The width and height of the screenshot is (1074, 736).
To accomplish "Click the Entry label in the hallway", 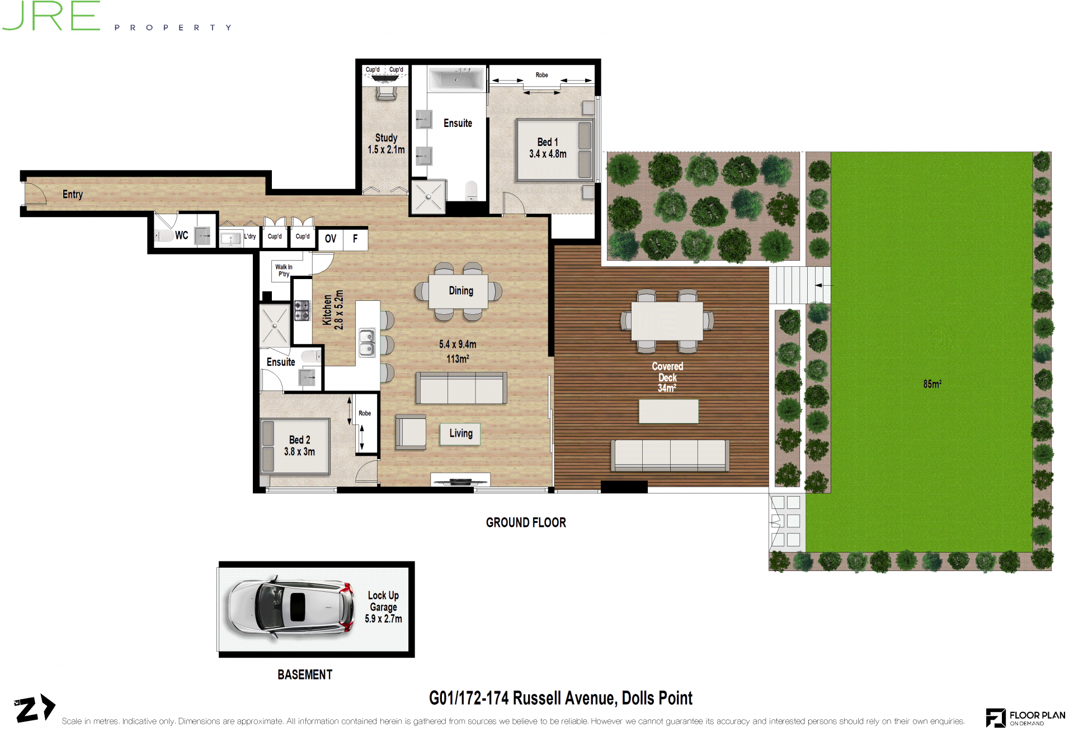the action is (73, 194).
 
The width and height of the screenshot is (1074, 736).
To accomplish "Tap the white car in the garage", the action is (290, 608).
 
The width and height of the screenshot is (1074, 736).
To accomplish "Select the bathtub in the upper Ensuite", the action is (456, 78).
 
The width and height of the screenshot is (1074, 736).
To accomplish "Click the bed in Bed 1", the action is (554, 150).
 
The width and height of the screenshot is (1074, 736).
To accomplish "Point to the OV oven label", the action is (331, 239).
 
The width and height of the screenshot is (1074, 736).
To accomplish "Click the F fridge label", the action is (355, 239).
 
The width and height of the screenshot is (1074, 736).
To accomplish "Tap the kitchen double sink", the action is (367, 342).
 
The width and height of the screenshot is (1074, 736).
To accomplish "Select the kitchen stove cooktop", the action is (302, 310).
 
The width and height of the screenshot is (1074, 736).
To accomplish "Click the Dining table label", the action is (461, 291).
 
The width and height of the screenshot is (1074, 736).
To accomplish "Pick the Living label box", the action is (460, 433).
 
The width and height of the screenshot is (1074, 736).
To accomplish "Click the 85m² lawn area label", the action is (932, 384).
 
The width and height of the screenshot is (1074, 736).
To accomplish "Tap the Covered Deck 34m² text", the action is (667, 377).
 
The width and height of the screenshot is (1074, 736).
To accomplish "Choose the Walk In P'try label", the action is (284, 271).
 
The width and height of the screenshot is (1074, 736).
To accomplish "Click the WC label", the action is (181, 235).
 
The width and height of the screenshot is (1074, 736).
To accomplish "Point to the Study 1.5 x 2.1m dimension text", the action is (386, 144).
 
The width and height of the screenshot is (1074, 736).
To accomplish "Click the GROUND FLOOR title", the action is (526, 522).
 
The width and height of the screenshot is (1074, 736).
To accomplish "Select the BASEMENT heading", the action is (305, 674).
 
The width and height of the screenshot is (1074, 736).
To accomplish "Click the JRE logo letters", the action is (51, 16).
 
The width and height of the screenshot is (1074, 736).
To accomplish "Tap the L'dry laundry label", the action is (249, 237).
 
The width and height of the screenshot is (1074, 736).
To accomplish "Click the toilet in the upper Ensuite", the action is (472, 190).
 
